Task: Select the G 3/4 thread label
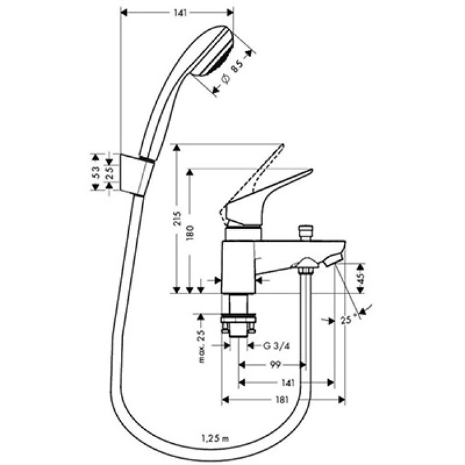click(276, 345)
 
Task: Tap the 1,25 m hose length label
click(214, 437)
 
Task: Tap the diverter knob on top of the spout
click(307, 232)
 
